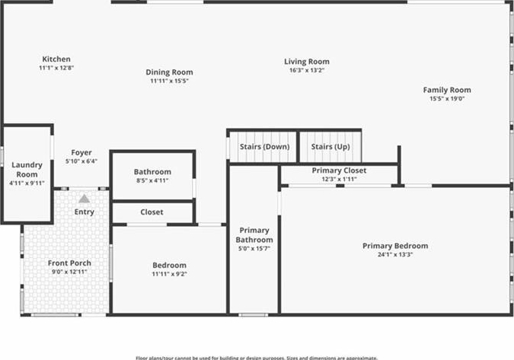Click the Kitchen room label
coord(56,59)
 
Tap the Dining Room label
coord(169,72)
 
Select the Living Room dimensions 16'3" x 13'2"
coord(307,71)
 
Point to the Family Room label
coord(447,90)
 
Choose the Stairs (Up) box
coord(330,146)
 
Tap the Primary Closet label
coord(339,170)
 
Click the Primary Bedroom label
coord(394,246)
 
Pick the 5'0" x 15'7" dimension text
coord(254,249)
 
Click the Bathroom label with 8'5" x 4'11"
coord(152,172)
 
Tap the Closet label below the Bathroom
coord(152,212)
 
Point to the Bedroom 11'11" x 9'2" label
coord(169,266)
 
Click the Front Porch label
coord(69,263)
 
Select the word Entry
coord(85,212)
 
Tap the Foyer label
coord(81,152)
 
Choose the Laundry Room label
coord(27,169)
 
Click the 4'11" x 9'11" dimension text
coord(27,183)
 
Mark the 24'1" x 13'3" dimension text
coord(394,254)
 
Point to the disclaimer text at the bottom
coord(257,357)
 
